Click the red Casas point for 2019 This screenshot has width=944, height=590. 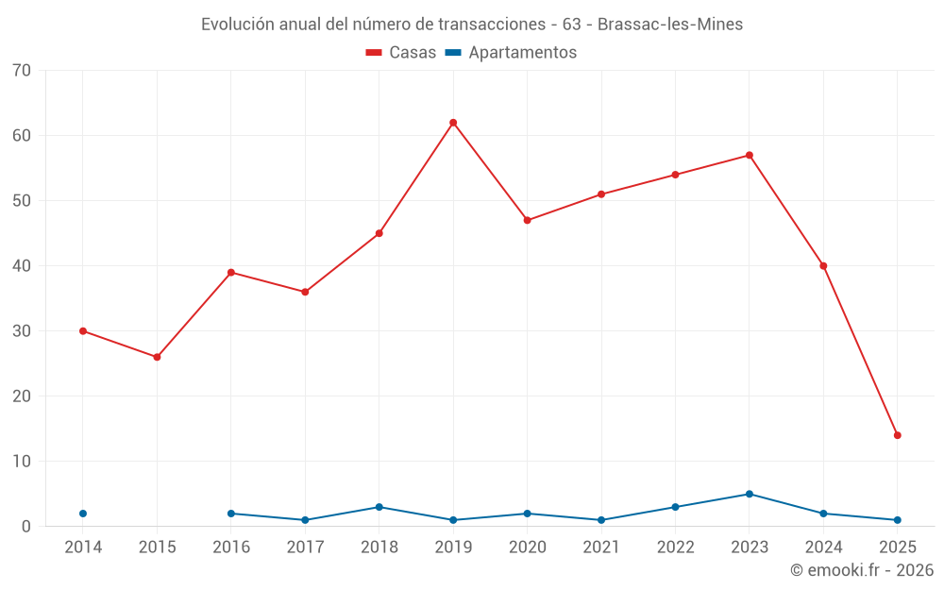453,123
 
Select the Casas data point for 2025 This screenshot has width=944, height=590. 897,435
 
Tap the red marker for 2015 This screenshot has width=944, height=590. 157,357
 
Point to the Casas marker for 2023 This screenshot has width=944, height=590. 749,155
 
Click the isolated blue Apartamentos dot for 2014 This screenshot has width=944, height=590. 83,514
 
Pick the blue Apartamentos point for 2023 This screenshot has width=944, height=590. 749,494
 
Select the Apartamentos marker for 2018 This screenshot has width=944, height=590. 379,507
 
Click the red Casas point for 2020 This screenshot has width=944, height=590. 527,220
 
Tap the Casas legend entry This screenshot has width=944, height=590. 401,53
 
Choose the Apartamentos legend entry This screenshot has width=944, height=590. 511,53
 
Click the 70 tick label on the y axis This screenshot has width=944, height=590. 22,71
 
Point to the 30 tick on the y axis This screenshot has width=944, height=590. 22,331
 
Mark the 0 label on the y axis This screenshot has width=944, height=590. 26,527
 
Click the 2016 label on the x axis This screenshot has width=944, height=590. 231,548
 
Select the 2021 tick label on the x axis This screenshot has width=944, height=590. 601,548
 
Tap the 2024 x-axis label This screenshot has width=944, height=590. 823,548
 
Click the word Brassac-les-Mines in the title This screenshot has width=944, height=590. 670,25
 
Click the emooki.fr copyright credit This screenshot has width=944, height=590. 861,570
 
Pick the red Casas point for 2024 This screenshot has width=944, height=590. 823,265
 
